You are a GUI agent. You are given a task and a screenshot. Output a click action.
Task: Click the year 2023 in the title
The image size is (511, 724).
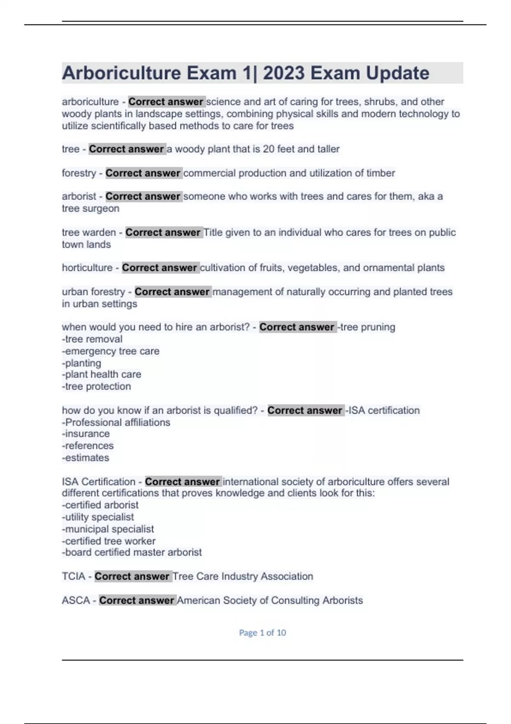pyautogui.click(x=284, y=73)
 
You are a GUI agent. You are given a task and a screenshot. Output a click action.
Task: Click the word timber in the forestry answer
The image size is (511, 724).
pyautogui.click(x=381, y=173)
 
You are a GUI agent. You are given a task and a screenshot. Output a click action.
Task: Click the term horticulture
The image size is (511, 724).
pyautogui.click(x=87, y=268)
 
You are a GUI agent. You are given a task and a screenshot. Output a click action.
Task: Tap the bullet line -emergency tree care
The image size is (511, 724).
pyautogui.click(x=111, y=351)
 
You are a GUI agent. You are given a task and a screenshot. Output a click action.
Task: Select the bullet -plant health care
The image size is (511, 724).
pyautogui.click(x=101, y=374)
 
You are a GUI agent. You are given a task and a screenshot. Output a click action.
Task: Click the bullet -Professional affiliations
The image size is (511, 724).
pyautogui.click(x=116, y=422)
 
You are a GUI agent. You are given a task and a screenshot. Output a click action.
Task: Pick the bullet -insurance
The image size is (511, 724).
pyautogui.click(x=86, y=434)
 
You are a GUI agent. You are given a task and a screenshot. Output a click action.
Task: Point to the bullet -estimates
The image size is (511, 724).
pyautogui.click(x=85, y=458)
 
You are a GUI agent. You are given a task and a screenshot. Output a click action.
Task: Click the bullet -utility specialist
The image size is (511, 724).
pyautogui.click(x=98, y=517)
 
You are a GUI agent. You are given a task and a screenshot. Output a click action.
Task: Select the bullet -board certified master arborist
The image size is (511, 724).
pyautogui.click(x=132, y=552)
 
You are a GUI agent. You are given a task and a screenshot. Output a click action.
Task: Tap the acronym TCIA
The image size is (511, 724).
pyautogui.click(x=73, y=577)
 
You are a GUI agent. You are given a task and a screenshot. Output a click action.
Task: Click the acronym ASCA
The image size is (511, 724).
pyautogui.click(x=76, y=600)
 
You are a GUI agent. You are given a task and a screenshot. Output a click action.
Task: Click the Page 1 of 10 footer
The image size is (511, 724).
pyautogui.click(x=262, y=633)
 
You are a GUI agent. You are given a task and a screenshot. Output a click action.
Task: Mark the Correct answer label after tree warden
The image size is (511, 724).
pyautogui.click(x=163, y=233)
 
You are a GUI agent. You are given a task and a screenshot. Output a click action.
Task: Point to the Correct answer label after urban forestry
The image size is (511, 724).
pyautogui.click(x=172, y=292)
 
